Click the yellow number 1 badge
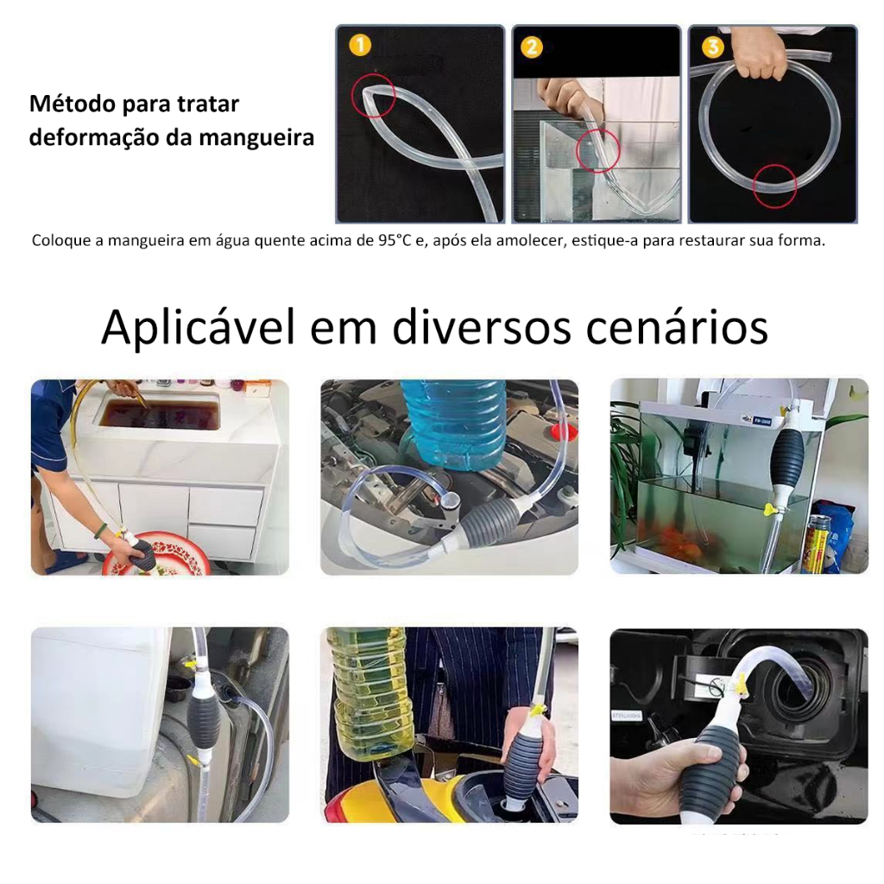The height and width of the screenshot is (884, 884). tap(360, 45)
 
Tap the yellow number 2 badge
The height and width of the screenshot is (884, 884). tap(531, 47)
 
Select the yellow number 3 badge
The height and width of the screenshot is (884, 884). tap(712, 47)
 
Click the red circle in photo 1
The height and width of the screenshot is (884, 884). tap(374, 95)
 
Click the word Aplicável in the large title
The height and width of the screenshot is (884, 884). tap(198, 327)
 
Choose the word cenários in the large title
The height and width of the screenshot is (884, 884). tap(677, 327)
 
